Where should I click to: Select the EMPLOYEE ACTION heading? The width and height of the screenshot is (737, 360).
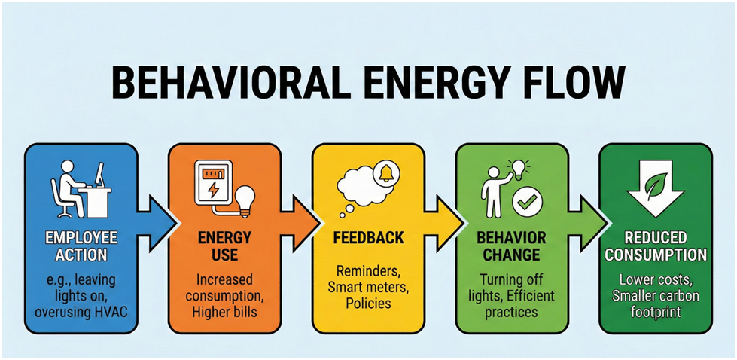coord(81,246)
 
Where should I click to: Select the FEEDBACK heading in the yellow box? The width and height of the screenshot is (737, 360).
coord(368,238)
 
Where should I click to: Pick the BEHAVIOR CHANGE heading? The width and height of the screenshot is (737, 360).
coord(512,246)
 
